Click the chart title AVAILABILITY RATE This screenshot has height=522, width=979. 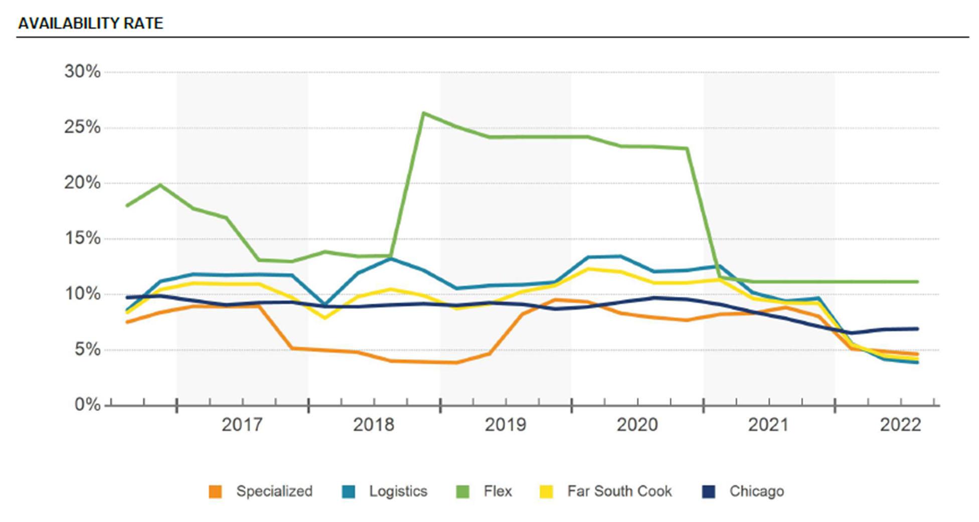coord(91,23)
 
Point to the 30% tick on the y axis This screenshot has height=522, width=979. coord(82,72)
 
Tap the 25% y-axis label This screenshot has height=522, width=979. coord(82,127)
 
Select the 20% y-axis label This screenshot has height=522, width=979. coord(82,183)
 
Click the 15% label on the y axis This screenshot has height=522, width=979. coord(82,238)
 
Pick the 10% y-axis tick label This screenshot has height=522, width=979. coord(82,294)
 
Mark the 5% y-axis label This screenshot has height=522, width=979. coord(87,350)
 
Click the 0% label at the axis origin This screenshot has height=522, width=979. coord(87,405)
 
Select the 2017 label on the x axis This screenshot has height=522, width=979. coord(242,425)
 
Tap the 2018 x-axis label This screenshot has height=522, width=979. coord(374,425)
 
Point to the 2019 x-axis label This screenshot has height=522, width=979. coord(506,425)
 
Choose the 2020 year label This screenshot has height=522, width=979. coord(637,425)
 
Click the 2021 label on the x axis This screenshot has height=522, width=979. coord(768,425)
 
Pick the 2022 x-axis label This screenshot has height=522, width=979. coord(901,425)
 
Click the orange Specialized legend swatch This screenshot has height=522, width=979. coord(216,491)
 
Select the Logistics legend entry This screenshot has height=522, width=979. coord(398,491)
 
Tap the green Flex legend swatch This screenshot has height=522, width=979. coord(462,491)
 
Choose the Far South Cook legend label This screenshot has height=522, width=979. coord(619,491)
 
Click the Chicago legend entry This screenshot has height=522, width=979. coord(756,491)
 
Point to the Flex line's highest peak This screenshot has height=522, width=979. coord(424,113)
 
